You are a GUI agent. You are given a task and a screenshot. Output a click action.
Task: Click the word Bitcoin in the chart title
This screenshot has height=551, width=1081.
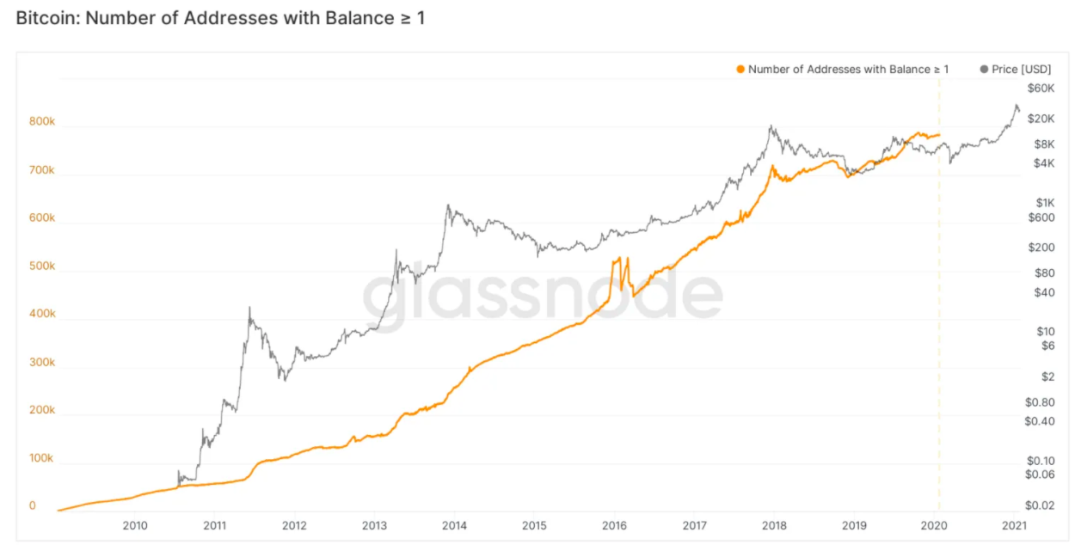click(x=45, y=17)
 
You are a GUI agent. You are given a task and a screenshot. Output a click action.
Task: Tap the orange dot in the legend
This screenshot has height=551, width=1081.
click(x=740, y=69)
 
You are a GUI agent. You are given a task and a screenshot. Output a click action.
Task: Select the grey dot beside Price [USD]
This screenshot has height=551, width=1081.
click(x=984, y=69)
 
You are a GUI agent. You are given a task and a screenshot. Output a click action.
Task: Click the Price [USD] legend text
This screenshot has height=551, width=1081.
click(x=1021, y=69)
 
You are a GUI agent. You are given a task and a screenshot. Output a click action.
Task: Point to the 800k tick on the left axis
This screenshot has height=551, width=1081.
click(x=41, y=122)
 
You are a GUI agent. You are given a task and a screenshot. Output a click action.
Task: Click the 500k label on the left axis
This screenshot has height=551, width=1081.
click(x=41, y=266)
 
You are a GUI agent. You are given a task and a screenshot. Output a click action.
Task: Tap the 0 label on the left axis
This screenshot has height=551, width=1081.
click(x=33, y=505)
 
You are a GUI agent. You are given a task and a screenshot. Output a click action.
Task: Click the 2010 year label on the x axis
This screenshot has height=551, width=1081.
click(x=134, y=525)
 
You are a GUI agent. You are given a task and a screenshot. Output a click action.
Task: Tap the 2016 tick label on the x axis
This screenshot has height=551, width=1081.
click(x=613, y=525)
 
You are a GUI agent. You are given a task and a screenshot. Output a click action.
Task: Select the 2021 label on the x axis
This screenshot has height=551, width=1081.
click(x=1013, y=525)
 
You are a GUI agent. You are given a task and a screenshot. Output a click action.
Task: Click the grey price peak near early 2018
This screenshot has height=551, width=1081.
click(x=771, y=127)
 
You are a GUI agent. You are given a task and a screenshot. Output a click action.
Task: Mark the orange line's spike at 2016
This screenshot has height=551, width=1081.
click(x=616, y=260)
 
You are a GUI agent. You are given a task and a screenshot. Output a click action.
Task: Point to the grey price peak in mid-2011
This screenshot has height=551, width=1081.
click(x=249, y=309)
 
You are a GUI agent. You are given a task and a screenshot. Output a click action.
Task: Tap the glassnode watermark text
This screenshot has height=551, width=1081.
click(x=542, y=294)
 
